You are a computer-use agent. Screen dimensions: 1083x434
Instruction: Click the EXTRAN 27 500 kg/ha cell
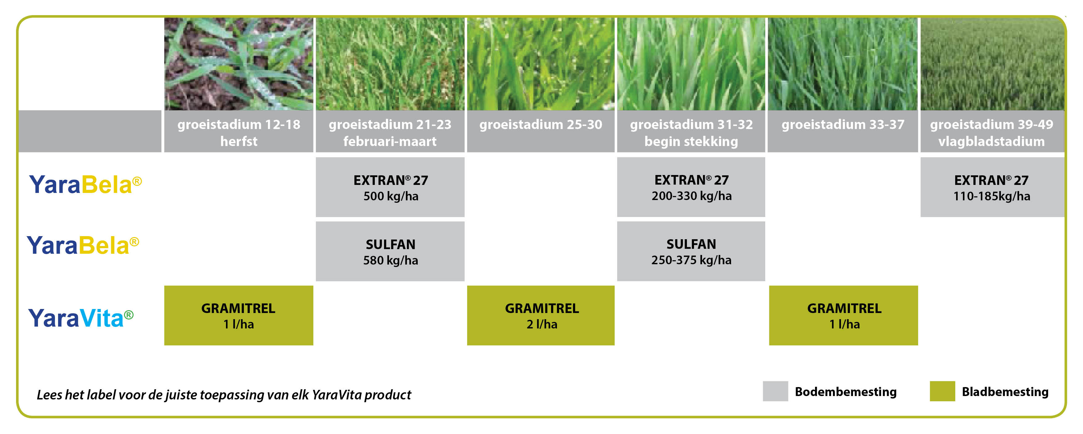click(390, 187)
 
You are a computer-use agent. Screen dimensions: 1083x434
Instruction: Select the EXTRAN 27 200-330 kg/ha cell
click(691, 187)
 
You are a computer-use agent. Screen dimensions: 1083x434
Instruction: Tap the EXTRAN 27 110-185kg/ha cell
click(992, 187)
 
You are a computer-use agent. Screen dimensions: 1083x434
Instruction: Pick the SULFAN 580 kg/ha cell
click(390, 252)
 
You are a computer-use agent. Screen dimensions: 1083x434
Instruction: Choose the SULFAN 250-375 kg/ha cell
click(691, 252)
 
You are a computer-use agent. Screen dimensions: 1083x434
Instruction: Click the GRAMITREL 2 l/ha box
click(541, 315)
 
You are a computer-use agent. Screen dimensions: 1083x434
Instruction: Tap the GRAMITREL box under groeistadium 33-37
click(843, 315)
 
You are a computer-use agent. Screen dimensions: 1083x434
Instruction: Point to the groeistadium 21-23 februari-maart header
click(390, 131)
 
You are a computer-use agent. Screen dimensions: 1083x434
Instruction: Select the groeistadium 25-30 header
click(541, 131)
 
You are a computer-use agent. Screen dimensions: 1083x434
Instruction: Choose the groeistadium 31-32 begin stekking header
click(691, 131)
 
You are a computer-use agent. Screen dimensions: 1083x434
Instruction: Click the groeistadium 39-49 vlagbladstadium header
click(992, 131)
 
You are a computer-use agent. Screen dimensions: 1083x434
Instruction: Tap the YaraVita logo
click(81, 318)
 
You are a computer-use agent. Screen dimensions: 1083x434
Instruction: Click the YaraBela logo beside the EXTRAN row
click(85, 184)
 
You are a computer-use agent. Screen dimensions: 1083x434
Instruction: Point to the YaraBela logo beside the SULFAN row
click(83, 245)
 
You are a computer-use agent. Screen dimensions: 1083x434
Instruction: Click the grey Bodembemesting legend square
click(775, 391)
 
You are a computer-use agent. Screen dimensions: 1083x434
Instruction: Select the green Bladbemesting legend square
click(943, 391)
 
